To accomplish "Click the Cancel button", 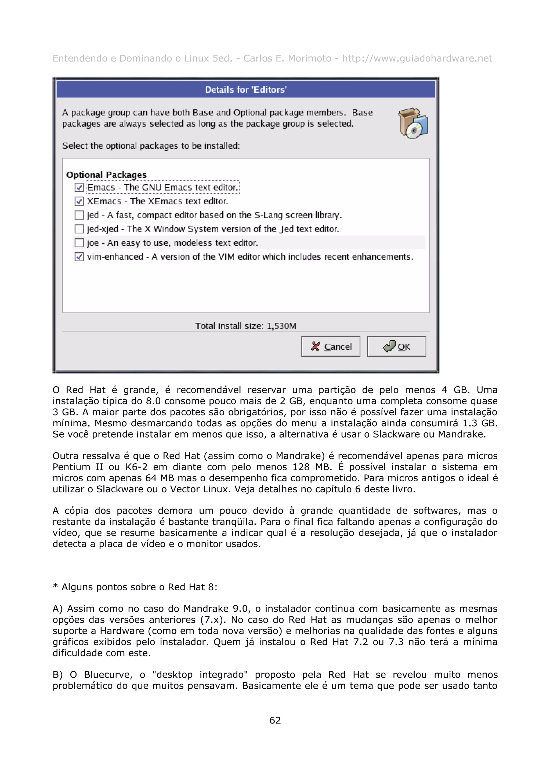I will coord(331,346).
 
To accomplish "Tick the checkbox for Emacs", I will coord(79,187).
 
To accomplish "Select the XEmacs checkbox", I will coord(79,201).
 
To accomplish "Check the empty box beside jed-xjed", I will coord(79,229).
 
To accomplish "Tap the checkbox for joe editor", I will coord(79,243).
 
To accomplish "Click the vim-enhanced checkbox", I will coord(79,257).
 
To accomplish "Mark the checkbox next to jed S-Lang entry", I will coord(79,215).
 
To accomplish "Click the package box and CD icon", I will coord(412,123).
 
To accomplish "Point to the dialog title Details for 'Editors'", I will coord(246,89).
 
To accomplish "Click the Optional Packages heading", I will coord(106,175).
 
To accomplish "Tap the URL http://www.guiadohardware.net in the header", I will coord(417,59).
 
